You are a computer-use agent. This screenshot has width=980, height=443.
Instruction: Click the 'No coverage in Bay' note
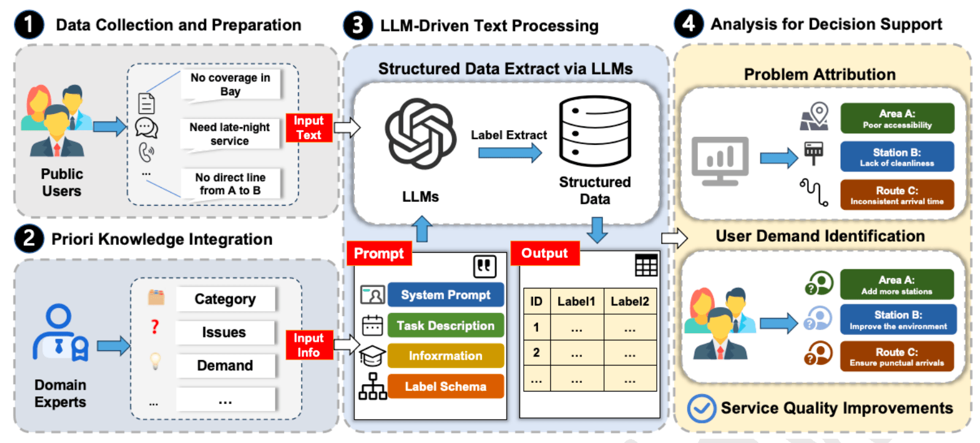230,85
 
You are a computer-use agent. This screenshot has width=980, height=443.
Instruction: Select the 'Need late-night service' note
229,134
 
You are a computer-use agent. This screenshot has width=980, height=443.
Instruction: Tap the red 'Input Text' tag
308,128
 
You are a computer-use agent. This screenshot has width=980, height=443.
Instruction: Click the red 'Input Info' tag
308,345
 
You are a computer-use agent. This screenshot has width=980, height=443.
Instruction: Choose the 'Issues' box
224,333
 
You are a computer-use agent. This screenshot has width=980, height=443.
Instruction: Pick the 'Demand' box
224,366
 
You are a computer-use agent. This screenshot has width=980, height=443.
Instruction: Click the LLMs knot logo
420,134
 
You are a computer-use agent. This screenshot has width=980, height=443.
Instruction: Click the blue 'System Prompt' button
445,295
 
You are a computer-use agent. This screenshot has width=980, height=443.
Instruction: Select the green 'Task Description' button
445,326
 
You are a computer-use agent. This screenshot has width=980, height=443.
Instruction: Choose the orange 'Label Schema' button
445,387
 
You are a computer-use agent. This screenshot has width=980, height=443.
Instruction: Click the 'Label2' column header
629,301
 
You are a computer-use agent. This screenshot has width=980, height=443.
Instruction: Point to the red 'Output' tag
545,253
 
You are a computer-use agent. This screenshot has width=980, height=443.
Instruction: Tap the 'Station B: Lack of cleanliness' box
897,156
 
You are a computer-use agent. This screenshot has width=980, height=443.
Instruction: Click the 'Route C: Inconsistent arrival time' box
897,195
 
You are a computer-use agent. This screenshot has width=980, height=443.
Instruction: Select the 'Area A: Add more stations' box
897,284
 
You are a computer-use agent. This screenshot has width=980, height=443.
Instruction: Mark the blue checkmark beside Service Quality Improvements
701,409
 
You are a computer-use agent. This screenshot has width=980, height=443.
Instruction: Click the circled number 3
358,26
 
